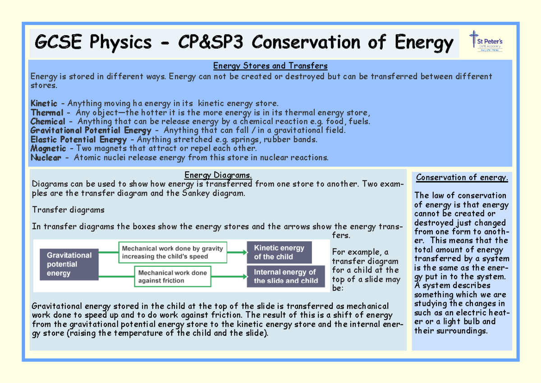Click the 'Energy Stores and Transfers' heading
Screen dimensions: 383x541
270,66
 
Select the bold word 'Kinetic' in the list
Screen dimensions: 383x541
44,104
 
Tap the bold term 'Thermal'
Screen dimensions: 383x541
47,113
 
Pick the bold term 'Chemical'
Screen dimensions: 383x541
48,122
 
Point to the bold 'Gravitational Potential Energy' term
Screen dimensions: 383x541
91,131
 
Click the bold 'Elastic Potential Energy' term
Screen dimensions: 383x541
78,140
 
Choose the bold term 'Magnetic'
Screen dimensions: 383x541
48,148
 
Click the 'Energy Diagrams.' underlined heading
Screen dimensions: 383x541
218,175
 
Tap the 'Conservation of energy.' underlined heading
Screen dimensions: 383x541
462,178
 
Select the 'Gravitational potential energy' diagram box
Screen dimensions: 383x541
69,264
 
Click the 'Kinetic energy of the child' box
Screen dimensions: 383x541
279,253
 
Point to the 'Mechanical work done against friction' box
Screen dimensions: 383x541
173,277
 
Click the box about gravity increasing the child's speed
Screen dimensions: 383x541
173,253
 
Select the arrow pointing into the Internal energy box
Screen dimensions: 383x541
229,277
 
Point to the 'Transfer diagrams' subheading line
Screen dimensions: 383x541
68,210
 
